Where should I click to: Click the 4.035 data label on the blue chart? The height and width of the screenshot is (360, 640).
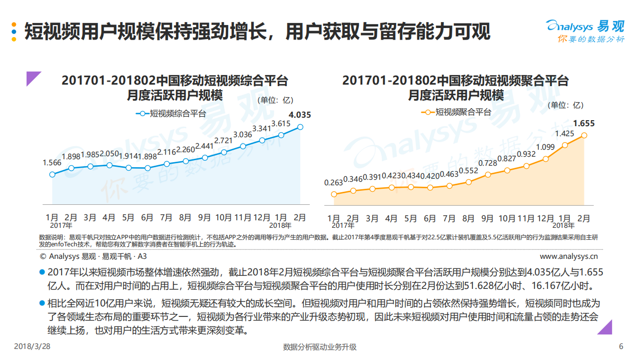(300, 115)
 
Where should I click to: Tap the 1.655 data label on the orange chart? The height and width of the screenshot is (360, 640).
(583, 123)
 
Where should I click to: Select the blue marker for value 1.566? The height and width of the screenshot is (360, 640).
(52, 174)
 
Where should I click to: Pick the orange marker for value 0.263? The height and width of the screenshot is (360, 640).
(334, 194)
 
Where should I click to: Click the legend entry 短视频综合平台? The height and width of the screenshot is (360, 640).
(171, 114)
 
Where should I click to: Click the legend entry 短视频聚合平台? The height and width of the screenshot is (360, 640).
(456, 112)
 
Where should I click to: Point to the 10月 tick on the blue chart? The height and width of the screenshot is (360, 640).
(223, 218)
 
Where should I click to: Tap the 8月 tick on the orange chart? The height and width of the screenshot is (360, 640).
(468, 219)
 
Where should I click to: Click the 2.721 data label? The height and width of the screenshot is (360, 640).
(223, 140)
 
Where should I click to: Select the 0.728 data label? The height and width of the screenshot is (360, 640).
(487, 163)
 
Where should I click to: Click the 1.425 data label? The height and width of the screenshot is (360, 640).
(564, 134)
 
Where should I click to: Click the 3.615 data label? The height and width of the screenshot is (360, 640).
(281, 124)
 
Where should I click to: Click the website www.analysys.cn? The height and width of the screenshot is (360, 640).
(569, 256)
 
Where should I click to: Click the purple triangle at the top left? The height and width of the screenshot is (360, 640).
(33, 79)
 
